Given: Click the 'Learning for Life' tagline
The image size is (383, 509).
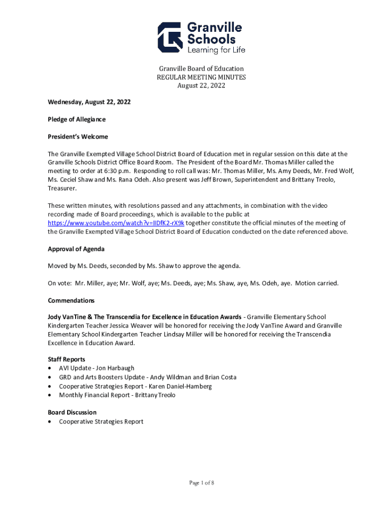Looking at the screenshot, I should click(x=215, y=50).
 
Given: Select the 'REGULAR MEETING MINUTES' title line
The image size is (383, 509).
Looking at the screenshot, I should click(x=201, y=77).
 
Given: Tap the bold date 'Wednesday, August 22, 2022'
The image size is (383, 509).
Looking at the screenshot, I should click(x=89, y=102).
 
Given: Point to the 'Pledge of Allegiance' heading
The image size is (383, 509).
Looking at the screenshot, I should click(x=77, y=119).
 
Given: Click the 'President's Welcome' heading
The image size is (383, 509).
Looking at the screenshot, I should click(x=78, y=137).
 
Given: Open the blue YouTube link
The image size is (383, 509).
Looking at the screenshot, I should click(x=116, y=223).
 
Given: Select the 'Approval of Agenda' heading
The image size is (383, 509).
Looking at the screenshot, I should click(x=76, y=249).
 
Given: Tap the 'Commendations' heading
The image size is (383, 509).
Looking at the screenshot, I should click(x=71, y=301).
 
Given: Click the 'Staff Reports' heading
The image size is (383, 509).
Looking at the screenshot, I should click(x=66, y=359).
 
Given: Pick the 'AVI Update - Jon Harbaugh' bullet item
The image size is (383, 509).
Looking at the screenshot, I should click(x=96, y=368).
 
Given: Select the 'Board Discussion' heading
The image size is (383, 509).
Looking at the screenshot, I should click(x=72, y=412).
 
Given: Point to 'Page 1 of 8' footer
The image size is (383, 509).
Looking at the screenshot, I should click(x=201, y=483).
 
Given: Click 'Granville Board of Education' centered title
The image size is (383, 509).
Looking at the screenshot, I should click(x=201, y=69).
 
